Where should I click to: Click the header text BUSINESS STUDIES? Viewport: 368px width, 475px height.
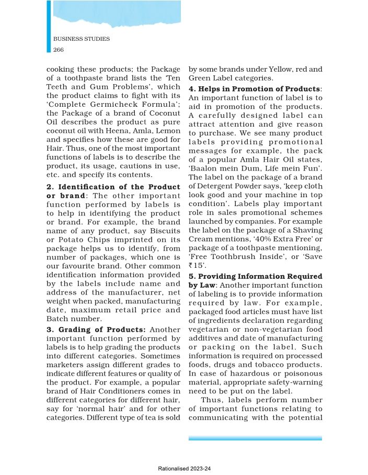coord(81,39)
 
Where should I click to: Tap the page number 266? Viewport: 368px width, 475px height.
coord(59,49)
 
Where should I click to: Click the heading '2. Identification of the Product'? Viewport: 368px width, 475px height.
coord(113,187)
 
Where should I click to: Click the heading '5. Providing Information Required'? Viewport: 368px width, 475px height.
coord(255,275)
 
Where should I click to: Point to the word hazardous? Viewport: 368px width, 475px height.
coord(244,373)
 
